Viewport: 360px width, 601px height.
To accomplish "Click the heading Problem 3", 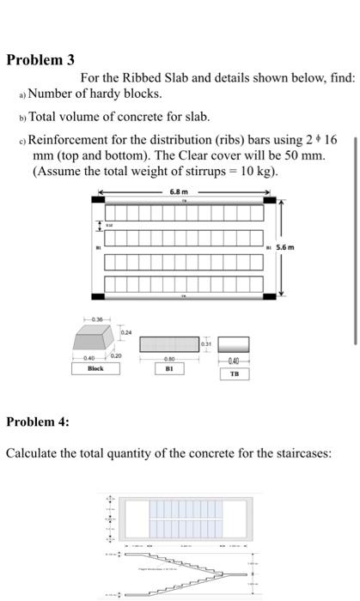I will [40, 60].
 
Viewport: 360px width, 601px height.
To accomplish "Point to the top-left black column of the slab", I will [99, 201].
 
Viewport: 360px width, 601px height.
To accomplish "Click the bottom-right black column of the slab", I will [268, 296].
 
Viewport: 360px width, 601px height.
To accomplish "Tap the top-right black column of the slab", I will [268, 201].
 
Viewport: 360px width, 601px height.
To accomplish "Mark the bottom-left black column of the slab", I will [99, 296].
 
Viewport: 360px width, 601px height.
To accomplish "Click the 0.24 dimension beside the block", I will [126, 332].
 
